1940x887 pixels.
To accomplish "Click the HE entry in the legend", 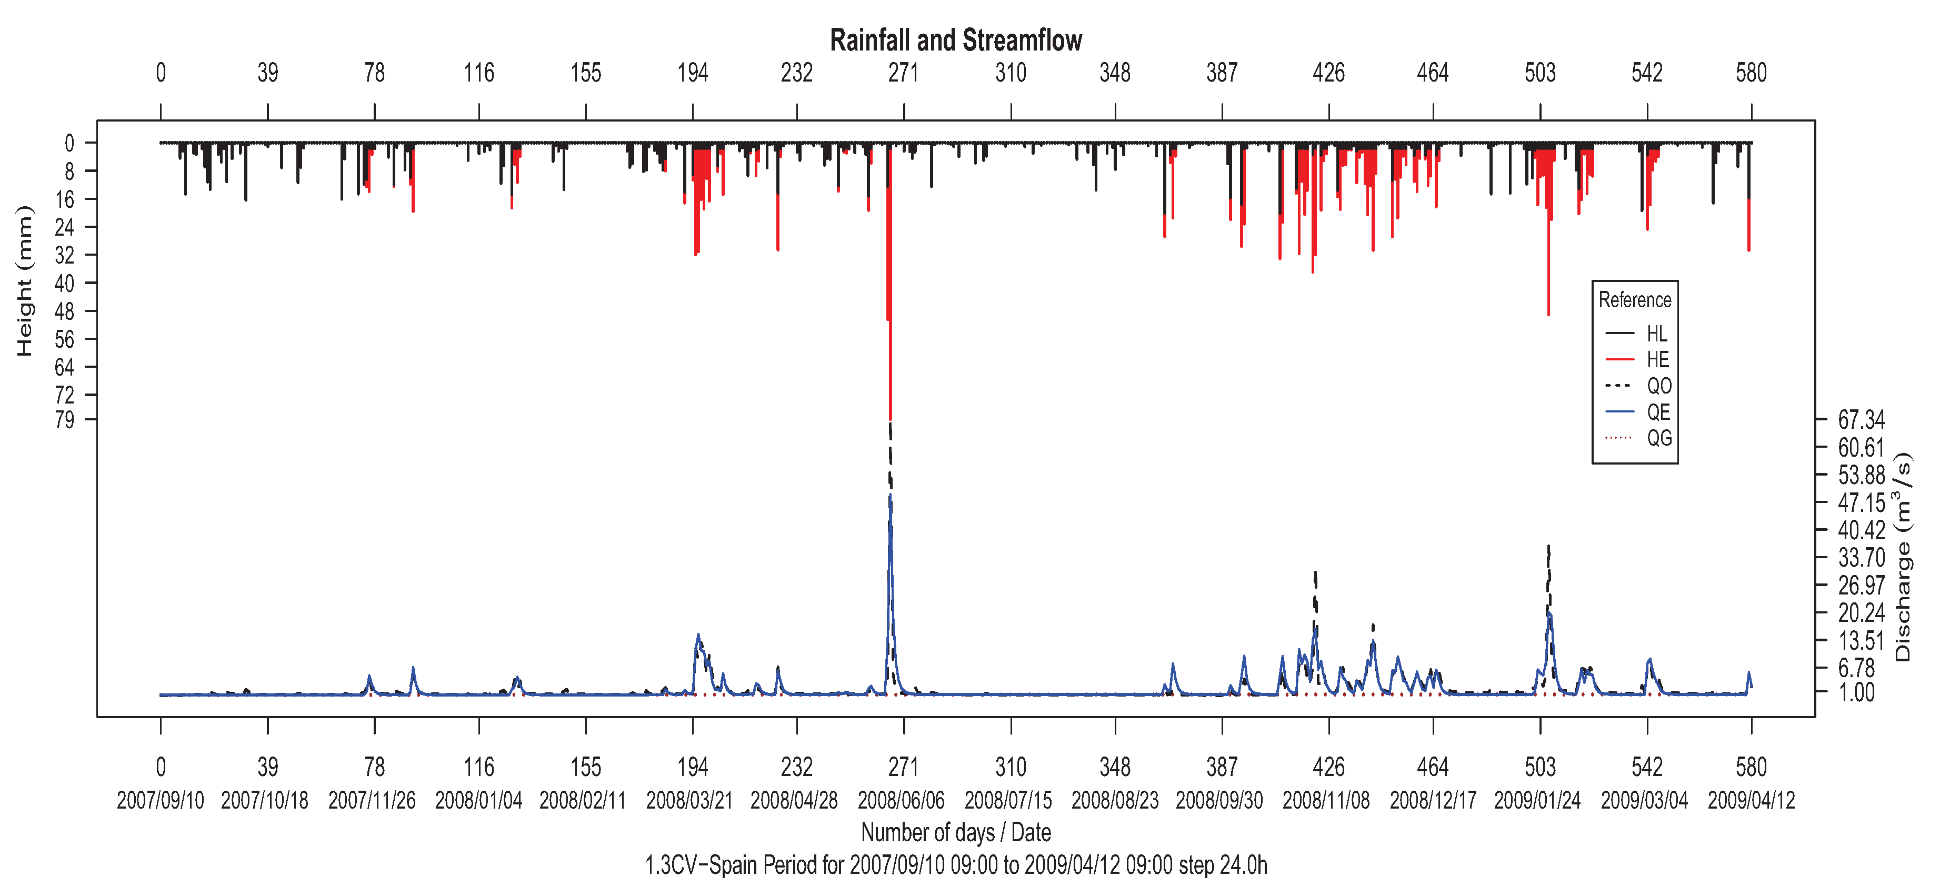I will pyautogui.click(x=1657, y=359).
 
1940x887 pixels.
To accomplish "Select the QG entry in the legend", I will pyautogui.click(x=1658, y=438).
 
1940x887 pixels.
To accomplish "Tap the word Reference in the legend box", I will pyautogui.click(x=1634, y=300).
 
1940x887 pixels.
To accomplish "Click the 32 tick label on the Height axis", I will pyautogui.click(x=65, y=255).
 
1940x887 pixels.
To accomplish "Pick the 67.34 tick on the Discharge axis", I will pyautogui.click(x=1860, y=419).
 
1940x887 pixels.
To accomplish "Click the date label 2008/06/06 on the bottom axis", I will pyautogui.click(x=901, y=800).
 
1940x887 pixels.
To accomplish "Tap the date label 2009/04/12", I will pyautogui.click(x=1751, y=800).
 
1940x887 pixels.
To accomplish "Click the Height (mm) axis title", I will pyautogui.click(x=25, y=280).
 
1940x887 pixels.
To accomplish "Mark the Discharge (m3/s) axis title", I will pyautogui.click(x=1904, y=557).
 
